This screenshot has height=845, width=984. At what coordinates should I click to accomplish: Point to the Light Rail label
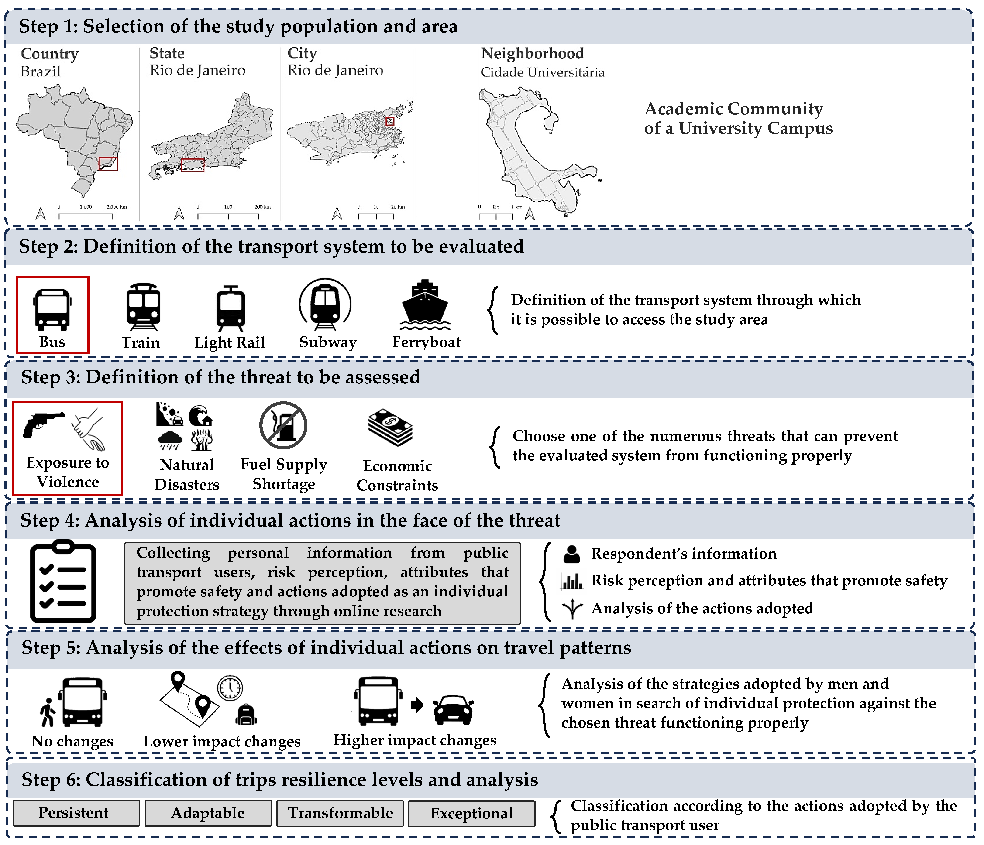(229, 342)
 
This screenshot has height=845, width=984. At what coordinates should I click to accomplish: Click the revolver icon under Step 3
(43, 424)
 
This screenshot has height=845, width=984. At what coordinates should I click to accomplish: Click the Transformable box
(340, 813)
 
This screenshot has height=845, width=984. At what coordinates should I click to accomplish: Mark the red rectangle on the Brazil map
(108, 164)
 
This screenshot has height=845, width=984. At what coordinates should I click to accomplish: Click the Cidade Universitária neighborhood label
(542, 72)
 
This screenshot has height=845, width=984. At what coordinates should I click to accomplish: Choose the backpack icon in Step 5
(246, 715)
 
